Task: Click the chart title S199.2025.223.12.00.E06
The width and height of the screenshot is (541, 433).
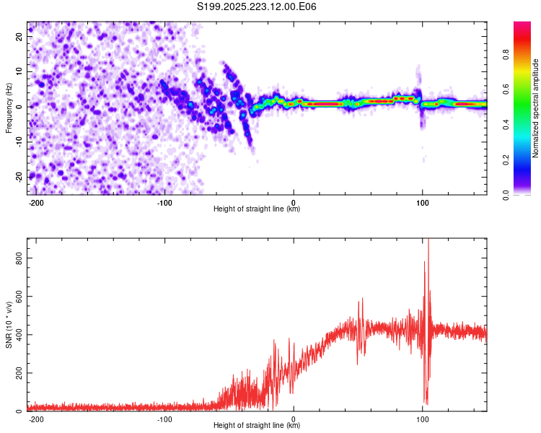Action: coord(257,6)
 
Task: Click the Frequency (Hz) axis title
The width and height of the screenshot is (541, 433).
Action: coord(9,107)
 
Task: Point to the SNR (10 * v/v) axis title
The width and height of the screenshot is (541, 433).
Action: coord(9,324)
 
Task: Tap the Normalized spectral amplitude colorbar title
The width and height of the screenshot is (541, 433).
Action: coord(535,108)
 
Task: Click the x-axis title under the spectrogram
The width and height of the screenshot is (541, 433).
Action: coord(257,209)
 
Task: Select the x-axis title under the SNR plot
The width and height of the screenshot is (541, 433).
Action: coord(257,425)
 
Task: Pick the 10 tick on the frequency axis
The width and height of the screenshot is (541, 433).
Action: coord(20,71)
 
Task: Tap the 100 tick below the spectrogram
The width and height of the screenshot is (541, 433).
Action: coord(422,202)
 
